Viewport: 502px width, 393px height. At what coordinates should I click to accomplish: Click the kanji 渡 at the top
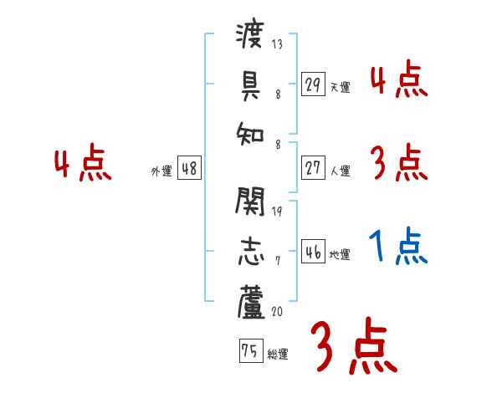tap(251, 37)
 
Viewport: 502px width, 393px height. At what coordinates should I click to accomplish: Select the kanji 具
tap(251, 84)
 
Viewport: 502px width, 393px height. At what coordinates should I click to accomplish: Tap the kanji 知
tap(251, 132)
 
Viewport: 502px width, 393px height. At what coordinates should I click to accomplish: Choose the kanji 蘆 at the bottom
tap(251, 300)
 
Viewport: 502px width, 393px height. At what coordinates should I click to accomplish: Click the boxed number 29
tap(314, 84)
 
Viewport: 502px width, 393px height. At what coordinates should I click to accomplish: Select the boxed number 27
tap(314, 168)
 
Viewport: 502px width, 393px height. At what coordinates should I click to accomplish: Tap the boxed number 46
tap(314, 252)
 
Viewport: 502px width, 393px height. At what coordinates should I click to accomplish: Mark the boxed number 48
tap(189, 168)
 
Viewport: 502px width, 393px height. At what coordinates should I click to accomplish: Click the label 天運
tap(340, 87)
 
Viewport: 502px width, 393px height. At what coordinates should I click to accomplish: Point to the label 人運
tap(340, 171)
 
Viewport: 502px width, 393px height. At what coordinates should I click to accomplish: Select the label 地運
tap(340, 254)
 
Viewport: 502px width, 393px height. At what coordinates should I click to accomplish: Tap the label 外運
tap(161, 171)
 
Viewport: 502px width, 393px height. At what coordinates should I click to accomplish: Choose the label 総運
tap(278, 354)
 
